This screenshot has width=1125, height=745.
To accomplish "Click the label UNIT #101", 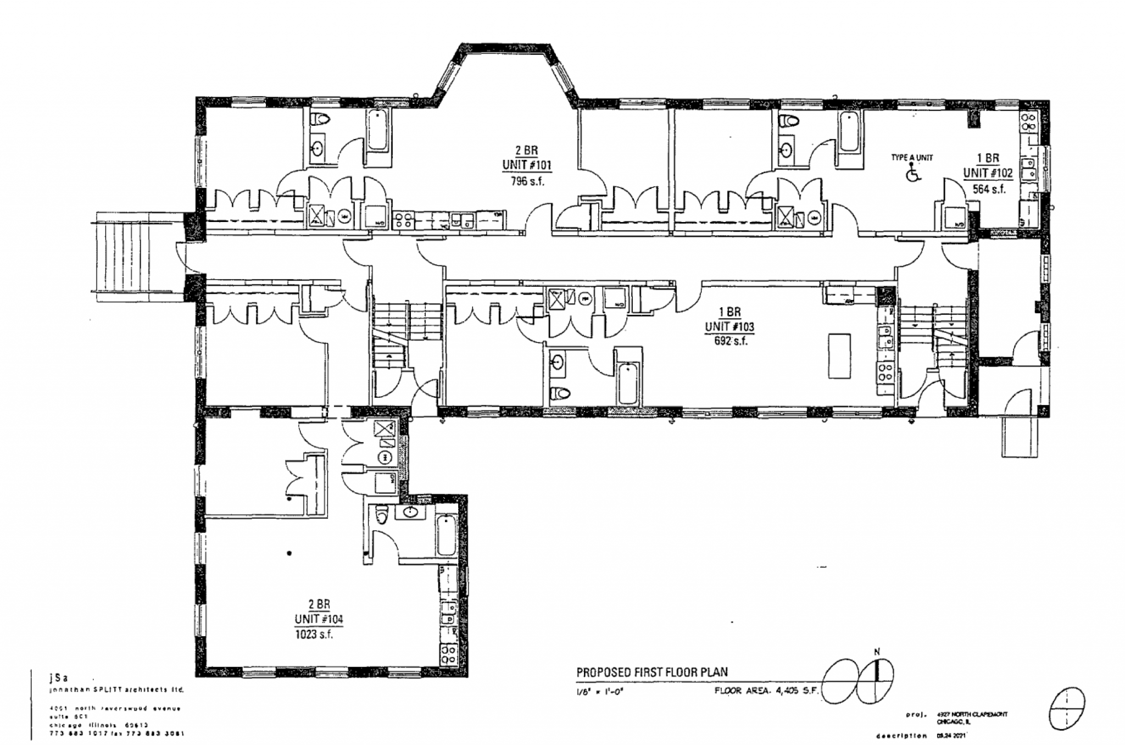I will click(x=527, y=165).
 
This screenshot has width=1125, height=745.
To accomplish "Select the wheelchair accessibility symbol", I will click(x=912, y=174).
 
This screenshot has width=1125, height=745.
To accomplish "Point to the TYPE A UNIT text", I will click(x=912, y=158).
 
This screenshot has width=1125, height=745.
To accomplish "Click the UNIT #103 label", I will click(x=729, y=327).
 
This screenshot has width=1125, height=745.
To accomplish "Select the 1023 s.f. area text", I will click(x=315, y=634).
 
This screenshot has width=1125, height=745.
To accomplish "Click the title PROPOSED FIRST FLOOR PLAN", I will click(x=651, y=671).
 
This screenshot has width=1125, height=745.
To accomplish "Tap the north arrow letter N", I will click(x=877, y=652).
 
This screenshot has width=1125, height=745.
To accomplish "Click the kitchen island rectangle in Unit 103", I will click(x=840, y=355).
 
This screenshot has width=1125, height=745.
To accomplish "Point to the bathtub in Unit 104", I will click(x=446, y=535).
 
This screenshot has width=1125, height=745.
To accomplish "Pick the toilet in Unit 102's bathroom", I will click(x=788, y=121).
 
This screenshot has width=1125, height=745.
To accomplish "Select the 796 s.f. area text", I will click(x=527, y=181).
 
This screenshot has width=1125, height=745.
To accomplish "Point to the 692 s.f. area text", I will click(x=729, y=341).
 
